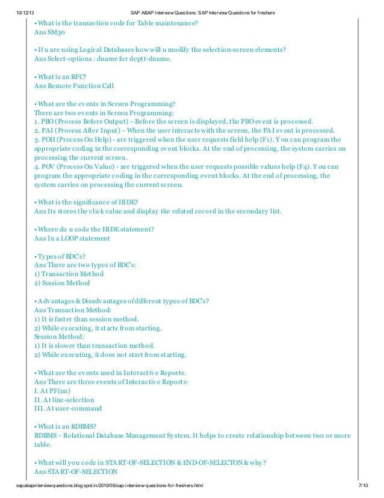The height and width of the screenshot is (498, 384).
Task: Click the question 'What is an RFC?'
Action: [x=61, y=77]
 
